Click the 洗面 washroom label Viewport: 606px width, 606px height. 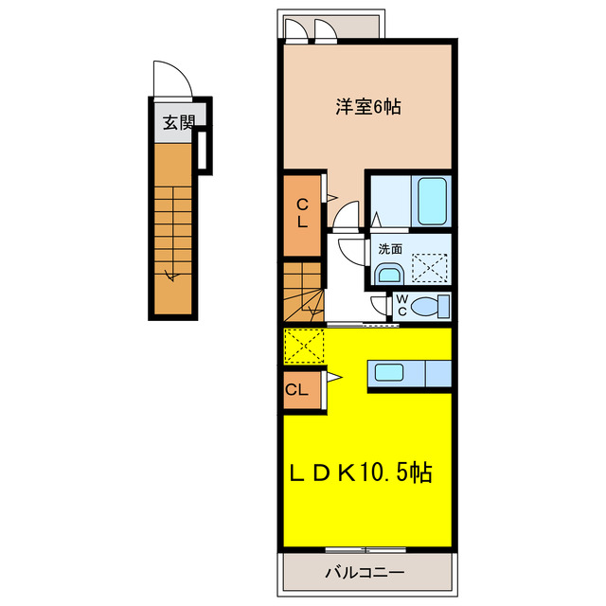pyautogui.click(x=389, y=248)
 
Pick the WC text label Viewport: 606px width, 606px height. pyautogui.click(x=401, y=305)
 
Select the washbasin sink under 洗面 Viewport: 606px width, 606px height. pyautogui.click(x=388, y=275)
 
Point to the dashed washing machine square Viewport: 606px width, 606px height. pyautogui.click(x=427, y=268)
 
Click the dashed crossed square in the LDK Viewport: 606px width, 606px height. pyautogui.click(x=303, y=345)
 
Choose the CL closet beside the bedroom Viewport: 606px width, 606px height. pyautogui.click(x=302, y=214)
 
